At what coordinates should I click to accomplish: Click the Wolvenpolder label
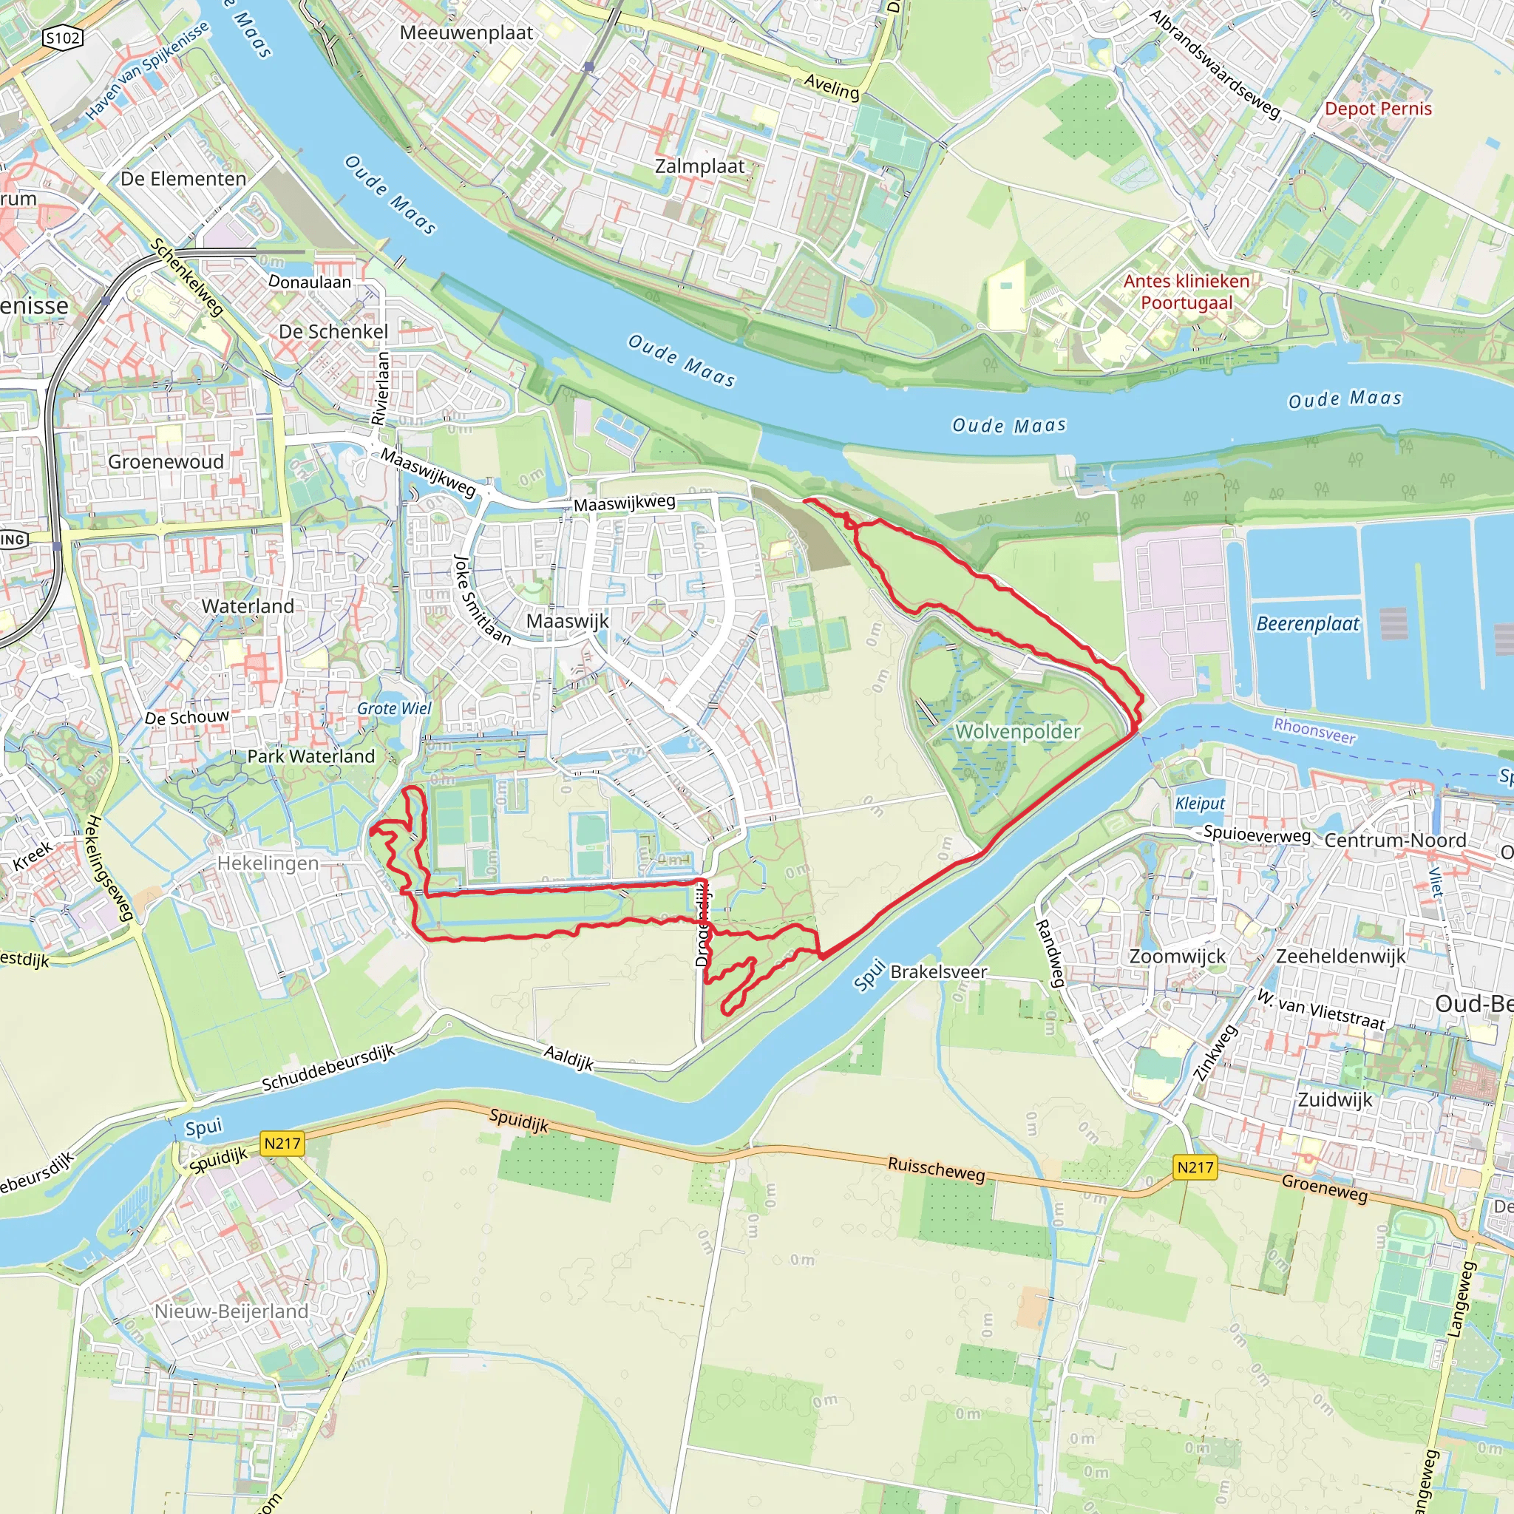(1017, 732)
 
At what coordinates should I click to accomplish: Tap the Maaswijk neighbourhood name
(567, 622)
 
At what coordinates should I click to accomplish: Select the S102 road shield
(63, 38)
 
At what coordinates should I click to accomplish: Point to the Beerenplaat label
(1308, 624)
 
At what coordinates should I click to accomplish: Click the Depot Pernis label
(1378, 109)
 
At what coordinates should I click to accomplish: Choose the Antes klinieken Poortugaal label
(1187, 291)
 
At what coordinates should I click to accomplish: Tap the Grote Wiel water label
(394, 708)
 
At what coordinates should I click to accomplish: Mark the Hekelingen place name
(268, 863)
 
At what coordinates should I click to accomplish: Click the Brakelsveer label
(939, 971)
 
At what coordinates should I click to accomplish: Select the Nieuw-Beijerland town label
(231, 1311)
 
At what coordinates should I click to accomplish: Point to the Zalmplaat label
(700, 166)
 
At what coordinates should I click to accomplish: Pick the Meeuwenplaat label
(466, 33)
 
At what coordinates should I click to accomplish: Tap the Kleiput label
(1200, 804)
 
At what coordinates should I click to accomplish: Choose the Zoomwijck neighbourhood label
(1177, 956)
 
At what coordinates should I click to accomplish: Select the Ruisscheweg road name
(936, 1170)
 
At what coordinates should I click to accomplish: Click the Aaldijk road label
(569, 1059)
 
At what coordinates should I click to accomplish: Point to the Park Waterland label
(311, 756)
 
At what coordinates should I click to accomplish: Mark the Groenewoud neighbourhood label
(166, 461)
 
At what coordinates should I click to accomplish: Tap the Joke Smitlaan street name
(482, 600)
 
